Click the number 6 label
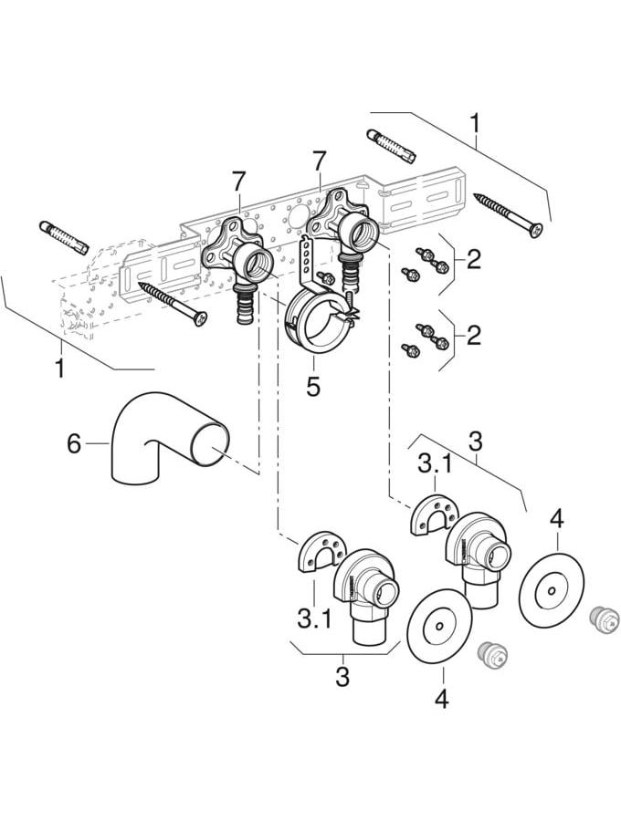pyautogui.click(x=75, y=444)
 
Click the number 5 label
pyautogui.click(x=313, y=387)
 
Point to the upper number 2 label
pyautogui.click(x=473, y=260)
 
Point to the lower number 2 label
pyautogui.click(x=473, y=336)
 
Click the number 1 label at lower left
pyautogui.click(x=60, y=369)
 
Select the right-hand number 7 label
pyautogui.click(x=318, y=161)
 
